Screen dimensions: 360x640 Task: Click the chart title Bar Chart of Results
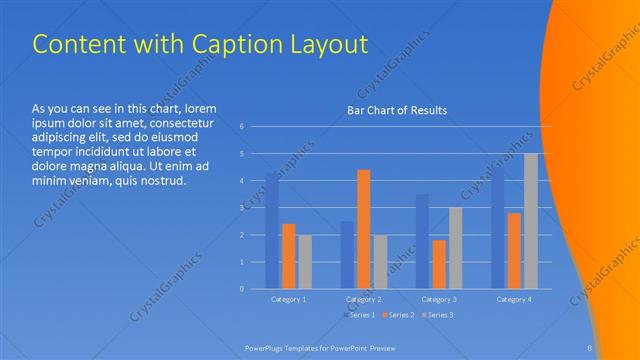point(397,110)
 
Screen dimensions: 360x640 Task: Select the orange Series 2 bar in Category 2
point(364,229)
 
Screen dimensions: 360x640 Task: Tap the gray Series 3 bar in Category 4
point(531,221)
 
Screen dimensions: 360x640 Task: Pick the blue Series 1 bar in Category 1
point(272,231)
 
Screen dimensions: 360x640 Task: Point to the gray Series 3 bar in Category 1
point(305,261)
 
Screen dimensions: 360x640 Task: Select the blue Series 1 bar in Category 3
point(422,241)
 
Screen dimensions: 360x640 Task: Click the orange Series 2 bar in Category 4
point(514,250)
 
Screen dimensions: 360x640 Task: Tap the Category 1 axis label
point(289,299)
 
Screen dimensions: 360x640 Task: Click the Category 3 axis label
point(439,299)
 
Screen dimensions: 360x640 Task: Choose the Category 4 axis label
point(514,299)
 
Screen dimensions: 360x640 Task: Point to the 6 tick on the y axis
point(241,127)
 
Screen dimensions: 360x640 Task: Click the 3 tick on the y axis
point(241,208)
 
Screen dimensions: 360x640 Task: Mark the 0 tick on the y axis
point(241,289)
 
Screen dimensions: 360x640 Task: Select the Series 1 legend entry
point(362,316)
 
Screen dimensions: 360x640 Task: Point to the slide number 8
point(590,347)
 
